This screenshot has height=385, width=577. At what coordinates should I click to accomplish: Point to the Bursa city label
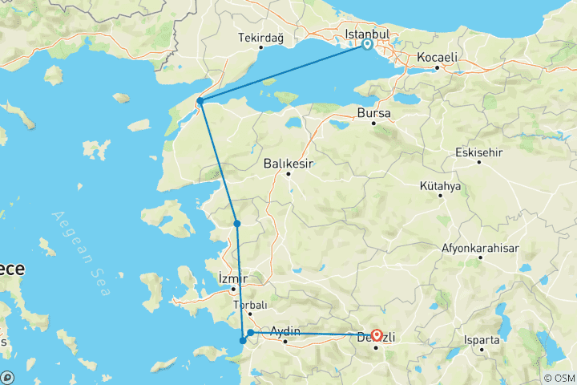pyautogui.click(x=374, y=114)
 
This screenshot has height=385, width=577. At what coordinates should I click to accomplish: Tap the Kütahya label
pyautogui.click(x=440, y=186)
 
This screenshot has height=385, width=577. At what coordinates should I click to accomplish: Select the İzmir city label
pyautogui.click(x=233, y=278)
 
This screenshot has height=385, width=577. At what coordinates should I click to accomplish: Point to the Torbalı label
pyautogui.click(x=249, y=306)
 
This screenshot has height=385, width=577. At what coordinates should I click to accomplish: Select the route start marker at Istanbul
pyautogui.click(x=367, y=45)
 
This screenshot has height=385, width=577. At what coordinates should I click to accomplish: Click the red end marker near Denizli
pyautogui.click(x=376, y=335)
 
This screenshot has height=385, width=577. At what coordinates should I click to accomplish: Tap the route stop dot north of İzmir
pyautogui.click(x=237, y=224)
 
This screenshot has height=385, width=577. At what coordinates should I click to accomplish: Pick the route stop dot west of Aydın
pyautogui.click(x=251, y=332)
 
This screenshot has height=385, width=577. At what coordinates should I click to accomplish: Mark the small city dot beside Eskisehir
pyautogui.click(x=478, y=162)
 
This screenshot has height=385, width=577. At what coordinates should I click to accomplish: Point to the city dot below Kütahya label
pyautogui.click(x=440, y=197)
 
